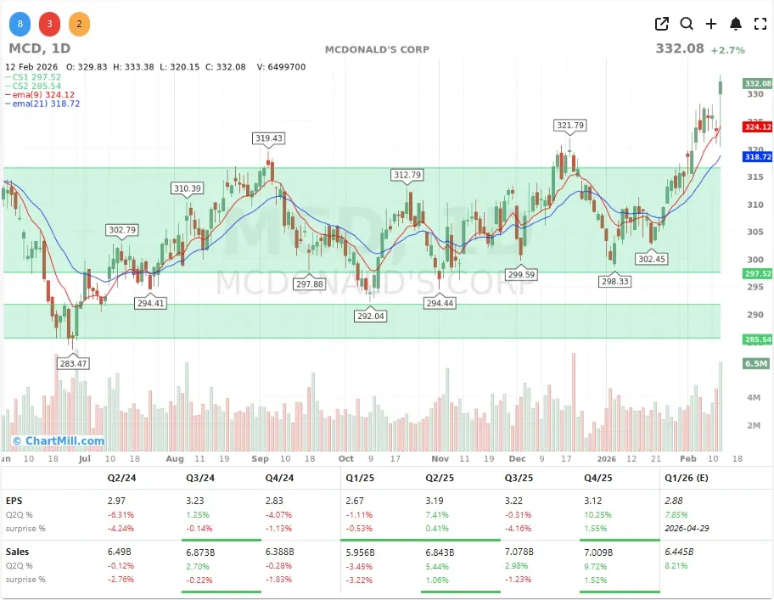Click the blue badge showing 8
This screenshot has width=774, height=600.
[20, 24]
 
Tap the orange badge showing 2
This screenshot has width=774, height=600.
[79, 24]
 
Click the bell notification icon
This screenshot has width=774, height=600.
[736, 24]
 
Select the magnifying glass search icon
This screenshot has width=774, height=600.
[687, 24]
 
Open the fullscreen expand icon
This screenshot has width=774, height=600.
[760, 24]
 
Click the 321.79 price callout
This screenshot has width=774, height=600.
[570, 125]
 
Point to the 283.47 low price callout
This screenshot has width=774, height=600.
[71, 363]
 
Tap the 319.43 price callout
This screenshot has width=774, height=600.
[268, 137]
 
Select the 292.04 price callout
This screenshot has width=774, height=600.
[370, 316]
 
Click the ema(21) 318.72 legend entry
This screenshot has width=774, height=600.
[42, 104]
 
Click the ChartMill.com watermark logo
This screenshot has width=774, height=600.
[59, 440]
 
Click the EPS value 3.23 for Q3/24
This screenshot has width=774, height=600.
[195, 502]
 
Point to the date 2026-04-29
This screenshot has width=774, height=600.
[687, 529]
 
